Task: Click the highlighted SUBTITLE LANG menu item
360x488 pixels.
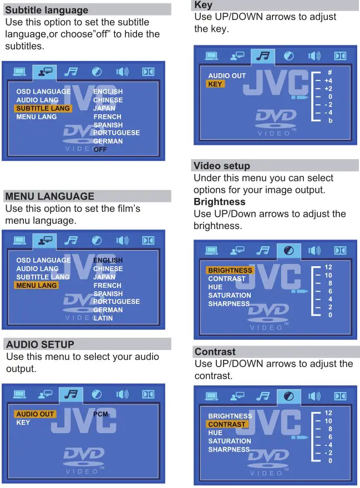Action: [43, 109]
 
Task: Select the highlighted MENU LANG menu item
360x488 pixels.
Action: [37, 286]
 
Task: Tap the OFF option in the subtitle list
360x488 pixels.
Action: [100, 149]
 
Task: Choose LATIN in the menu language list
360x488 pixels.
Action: [103, 318]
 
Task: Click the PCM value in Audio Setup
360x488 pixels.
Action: [100, 414]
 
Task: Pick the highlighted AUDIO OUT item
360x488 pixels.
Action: [35, 414]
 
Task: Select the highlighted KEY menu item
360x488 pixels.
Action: [215, 84]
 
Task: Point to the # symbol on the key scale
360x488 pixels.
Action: [329, 73]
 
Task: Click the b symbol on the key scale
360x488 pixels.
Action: [330, 120]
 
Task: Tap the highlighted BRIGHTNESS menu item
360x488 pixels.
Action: [230, 271]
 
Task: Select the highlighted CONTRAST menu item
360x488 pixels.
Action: [227, 424]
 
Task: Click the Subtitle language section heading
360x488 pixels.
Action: [47, 10]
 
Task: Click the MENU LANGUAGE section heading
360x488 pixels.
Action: [50, 196]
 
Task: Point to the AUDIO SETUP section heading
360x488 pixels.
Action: [40, 344]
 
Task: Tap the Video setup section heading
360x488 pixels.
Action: [222, 166]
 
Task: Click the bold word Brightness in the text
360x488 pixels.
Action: [220, 202]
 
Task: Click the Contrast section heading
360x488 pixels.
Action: [215, 352]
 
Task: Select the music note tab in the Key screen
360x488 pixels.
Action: [262, 56]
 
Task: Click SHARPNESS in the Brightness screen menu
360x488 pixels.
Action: [229, 304]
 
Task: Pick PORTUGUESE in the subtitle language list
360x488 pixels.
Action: [116, 133]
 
